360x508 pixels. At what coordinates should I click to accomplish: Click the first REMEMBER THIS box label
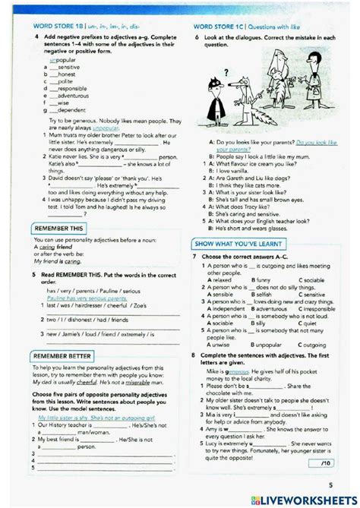(x=58, y=229)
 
